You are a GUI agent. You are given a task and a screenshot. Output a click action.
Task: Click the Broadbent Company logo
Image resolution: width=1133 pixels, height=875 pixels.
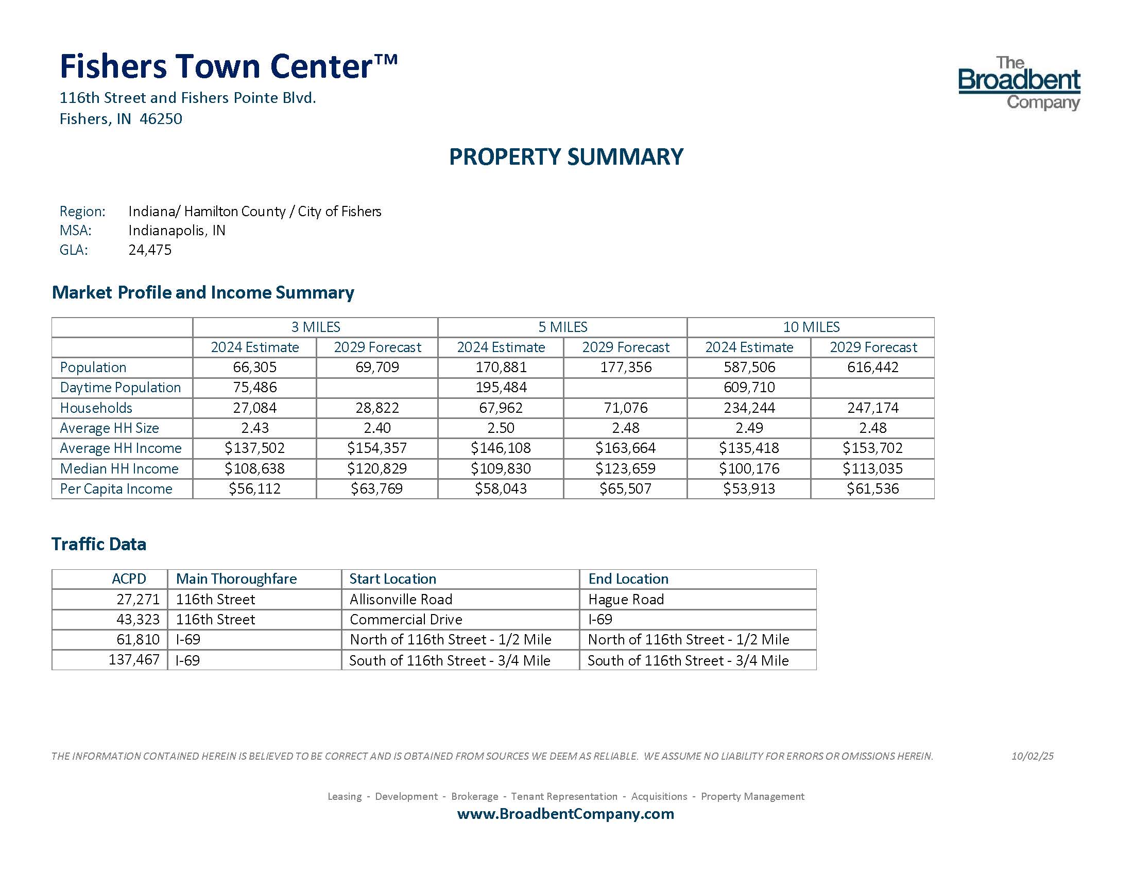click(1019, 83)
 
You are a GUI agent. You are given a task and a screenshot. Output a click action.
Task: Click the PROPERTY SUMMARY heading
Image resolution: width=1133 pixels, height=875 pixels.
click(566, 156)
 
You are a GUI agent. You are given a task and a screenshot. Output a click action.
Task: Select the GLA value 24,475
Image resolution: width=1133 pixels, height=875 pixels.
click(150, 250)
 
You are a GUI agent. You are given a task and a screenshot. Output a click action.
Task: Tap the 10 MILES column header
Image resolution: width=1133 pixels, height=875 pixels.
click(811, 327)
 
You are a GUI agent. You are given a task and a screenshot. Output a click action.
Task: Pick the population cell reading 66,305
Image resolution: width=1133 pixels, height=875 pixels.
click(255, 367)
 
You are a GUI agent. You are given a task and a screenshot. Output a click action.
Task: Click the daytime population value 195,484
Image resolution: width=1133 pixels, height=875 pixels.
click(501, 387)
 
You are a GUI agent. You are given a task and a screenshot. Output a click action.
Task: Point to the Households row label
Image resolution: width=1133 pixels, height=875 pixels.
click(96, 408)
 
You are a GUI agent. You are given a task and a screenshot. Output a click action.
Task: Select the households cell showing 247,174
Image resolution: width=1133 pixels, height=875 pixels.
click(872, 408)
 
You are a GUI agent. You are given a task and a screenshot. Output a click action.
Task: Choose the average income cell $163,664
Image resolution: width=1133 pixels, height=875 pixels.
click(625, 448)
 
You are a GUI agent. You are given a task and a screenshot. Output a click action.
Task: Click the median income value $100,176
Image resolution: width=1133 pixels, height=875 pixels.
click(749, 468)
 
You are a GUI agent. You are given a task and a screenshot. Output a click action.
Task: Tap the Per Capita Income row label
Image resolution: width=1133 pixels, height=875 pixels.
click(116, 489)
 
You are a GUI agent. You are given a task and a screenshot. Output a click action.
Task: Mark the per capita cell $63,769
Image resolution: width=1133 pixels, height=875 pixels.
click(376, 489)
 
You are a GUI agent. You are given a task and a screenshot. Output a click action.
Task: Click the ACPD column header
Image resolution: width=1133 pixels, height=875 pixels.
click(129, 579)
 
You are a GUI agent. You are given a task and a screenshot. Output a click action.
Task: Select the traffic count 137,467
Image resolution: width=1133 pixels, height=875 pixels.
click(134, 660)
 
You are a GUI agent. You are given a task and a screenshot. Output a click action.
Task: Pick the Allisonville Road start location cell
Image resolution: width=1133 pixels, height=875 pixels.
click(401, 599)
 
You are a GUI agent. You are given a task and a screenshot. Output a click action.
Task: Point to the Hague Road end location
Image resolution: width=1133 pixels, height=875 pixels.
click(626, 599)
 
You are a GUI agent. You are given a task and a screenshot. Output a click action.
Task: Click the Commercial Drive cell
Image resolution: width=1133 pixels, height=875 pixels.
click(406, 619)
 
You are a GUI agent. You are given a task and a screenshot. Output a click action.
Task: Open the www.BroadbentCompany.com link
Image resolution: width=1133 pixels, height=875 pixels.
click(565, 814)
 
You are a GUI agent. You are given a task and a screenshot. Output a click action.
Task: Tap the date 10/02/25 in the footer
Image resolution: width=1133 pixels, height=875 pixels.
click(1032, 756)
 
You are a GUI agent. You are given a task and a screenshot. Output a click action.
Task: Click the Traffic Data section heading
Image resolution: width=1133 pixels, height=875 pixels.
click(99, 544)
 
